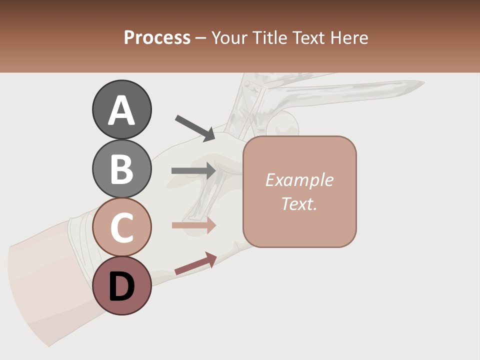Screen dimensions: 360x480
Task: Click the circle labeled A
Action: click(x=121, y=109)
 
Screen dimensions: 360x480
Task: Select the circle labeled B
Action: click(x=121, y=168)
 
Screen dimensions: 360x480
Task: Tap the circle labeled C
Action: click(x=121, y=227)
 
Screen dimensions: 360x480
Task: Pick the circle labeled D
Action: click(x=121, y=285)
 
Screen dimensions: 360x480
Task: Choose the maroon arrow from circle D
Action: click(x=195, y=263)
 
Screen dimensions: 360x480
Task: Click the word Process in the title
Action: click(x=157, y=37)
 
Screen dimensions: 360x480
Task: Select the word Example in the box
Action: click(x=299, y=180)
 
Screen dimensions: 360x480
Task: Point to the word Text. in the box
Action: click(x=299, y=203)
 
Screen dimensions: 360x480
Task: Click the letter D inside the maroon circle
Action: click(x=121, y=287)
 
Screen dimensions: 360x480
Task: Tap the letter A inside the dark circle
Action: click(x=121, y=110)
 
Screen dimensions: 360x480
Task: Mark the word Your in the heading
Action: click(x=230, y=37)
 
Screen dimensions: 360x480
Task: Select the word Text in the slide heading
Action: click(x=308, y=37)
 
